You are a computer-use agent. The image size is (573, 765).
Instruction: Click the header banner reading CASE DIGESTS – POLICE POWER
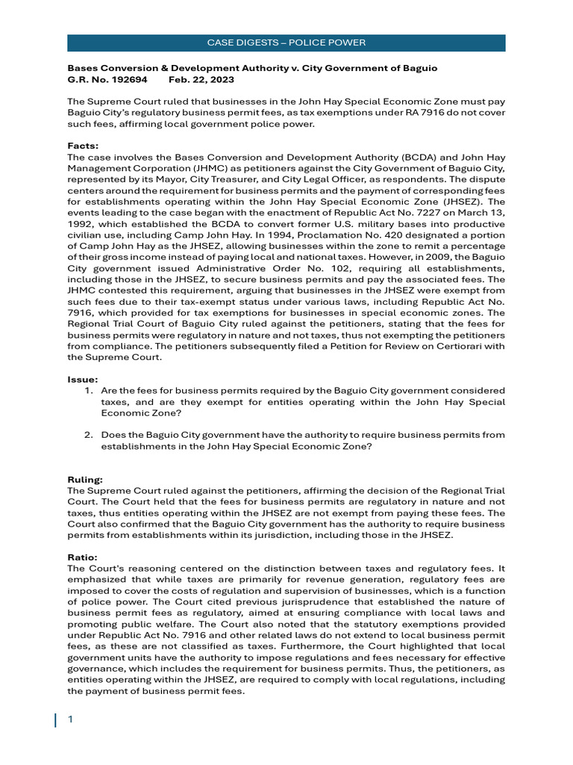tap(286, 43)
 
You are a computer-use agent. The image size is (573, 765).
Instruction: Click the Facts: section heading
tap(83, 146)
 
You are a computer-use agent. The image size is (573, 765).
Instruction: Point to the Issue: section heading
tap(83, 380)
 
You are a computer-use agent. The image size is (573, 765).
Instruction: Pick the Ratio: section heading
tap(82, 557)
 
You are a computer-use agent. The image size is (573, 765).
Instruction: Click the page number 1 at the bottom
tap(70, 719)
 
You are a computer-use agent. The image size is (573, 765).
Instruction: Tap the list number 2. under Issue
tap(88, 435)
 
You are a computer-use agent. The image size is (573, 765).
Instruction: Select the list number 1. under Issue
tap(88, 391)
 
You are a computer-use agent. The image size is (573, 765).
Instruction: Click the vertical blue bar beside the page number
tap(55, 719)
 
